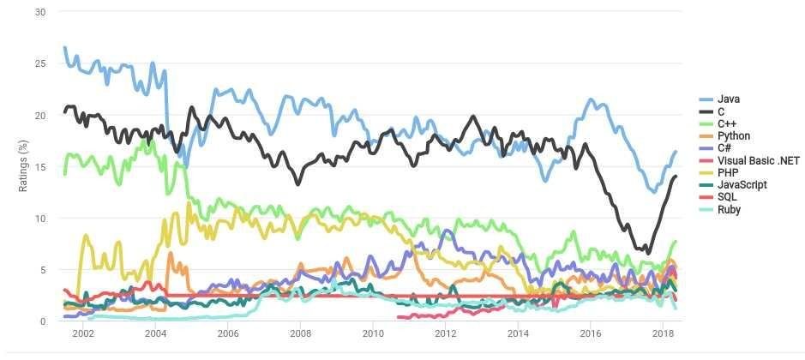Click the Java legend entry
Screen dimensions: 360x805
coord(728,99)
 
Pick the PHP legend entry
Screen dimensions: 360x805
coord(728,172)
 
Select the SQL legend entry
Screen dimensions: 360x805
coord(727,197)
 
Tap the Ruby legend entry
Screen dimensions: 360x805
coord(730,209)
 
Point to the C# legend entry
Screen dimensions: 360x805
coord(725,148)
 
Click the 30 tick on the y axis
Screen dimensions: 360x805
coord(40,12)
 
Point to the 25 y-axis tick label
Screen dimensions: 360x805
coord(40,63)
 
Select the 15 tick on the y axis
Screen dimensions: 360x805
coord(40,167)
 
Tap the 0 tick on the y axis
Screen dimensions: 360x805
coord(43,321)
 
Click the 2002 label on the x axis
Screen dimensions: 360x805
coord(83,333)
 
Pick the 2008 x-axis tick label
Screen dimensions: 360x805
coord(300,333)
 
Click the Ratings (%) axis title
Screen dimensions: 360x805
coord(23,167)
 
